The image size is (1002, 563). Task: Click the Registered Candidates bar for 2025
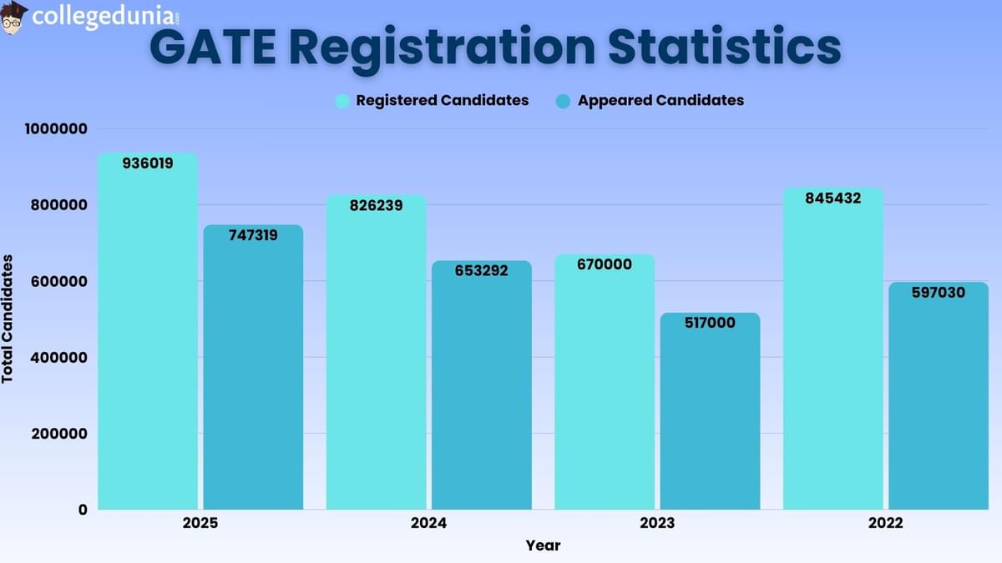click(x=148, y=334)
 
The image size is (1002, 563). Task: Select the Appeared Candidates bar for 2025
click(x=254, y=367)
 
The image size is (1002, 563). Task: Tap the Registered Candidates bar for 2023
click(x=605, y=384)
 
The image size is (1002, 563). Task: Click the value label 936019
click(x=148, y=163)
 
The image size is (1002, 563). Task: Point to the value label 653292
click(x=482, y=270)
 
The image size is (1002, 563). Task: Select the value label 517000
click(x=710, y=323)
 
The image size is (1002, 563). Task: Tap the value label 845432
click(x=833, y=199)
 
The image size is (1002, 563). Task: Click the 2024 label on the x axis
click(x=428, y=524)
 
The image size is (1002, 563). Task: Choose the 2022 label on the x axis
click(x=885, y=524)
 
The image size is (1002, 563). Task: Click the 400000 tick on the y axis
click(x=58, y=358)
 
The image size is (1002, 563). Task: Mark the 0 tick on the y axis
click(x=81, y=510)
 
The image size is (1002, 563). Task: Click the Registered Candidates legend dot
click(x=342, y=101)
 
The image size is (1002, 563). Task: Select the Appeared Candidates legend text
click(x=660, y=100)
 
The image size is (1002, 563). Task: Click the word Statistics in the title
click(x=724, y=48)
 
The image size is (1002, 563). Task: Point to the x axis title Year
click(x=543, y=545)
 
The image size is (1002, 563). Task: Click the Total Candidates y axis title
click(x=8, y=319)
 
